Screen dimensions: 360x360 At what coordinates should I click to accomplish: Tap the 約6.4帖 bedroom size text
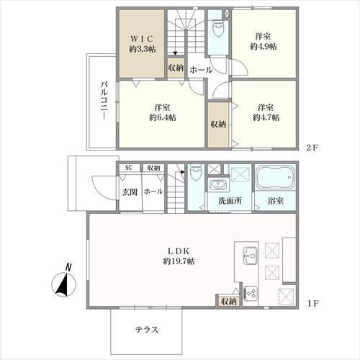[x=162, y=117]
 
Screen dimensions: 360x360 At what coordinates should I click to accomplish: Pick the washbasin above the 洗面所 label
[x=218, y=186]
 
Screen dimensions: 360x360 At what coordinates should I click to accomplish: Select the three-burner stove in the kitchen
[x=252, y=293]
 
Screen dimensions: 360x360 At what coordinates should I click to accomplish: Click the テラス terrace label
[x=147, y=330]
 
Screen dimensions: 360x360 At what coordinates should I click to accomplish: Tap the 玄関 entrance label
[x=129, y=192]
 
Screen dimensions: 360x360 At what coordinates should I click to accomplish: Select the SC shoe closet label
[x=128, y=168]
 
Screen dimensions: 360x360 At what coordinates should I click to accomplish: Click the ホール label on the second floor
[x=201, y=70]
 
